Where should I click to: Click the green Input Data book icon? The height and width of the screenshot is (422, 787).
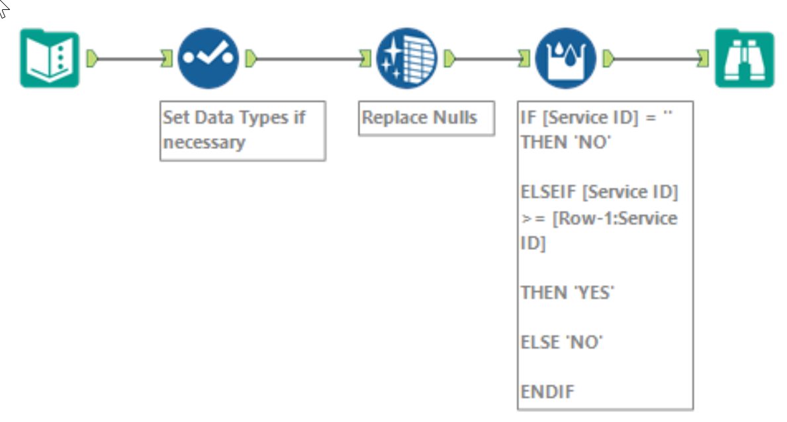click(x=50, y=59)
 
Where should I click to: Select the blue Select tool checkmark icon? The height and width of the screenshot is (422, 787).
click(x=208, y=58)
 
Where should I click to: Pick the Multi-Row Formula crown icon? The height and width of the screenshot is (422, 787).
click(x=565, y=58)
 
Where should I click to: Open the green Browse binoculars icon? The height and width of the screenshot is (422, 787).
click(x=744, y=58)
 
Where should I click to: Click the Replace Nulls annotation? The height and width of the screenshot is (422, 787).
click(x=419, y=118)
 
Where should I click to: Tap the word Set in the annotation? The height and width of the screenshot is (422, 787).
click(x=175, y=118)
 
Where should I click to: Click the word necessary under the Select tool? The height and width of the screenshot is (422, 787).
click(x=204, y=142)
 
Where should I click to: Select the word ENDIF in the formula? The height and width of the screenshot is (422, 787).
click(x=547, y=392)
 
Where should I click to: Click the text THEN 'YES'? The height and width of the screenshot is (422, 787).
click(x=567, y=292)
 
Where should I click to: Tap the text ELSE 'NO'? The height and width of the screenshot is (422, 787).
click(x=562, y=342)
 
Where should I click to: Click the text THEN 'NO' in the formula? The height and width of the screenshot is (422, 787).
click(x=564, y=142)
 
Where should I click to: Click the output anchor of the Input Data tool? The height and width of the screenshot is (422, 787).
click(x=92, y=59)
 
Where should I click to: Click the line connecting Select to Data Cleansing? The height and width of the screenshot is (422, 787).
click(x=308, y=59)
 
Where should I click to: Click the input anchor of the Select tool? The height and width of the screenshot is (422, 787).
click(x=167, y=59)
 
